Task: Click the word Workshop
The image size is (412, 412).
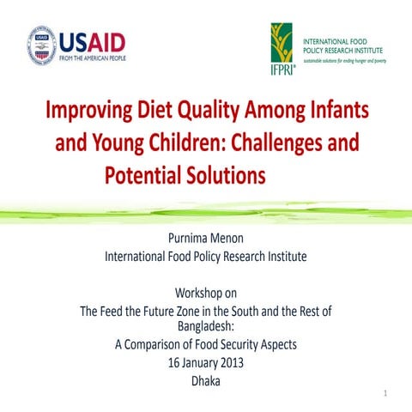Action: point(197,294)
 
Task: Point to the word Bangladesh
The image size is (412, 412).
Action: point(204,327)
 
